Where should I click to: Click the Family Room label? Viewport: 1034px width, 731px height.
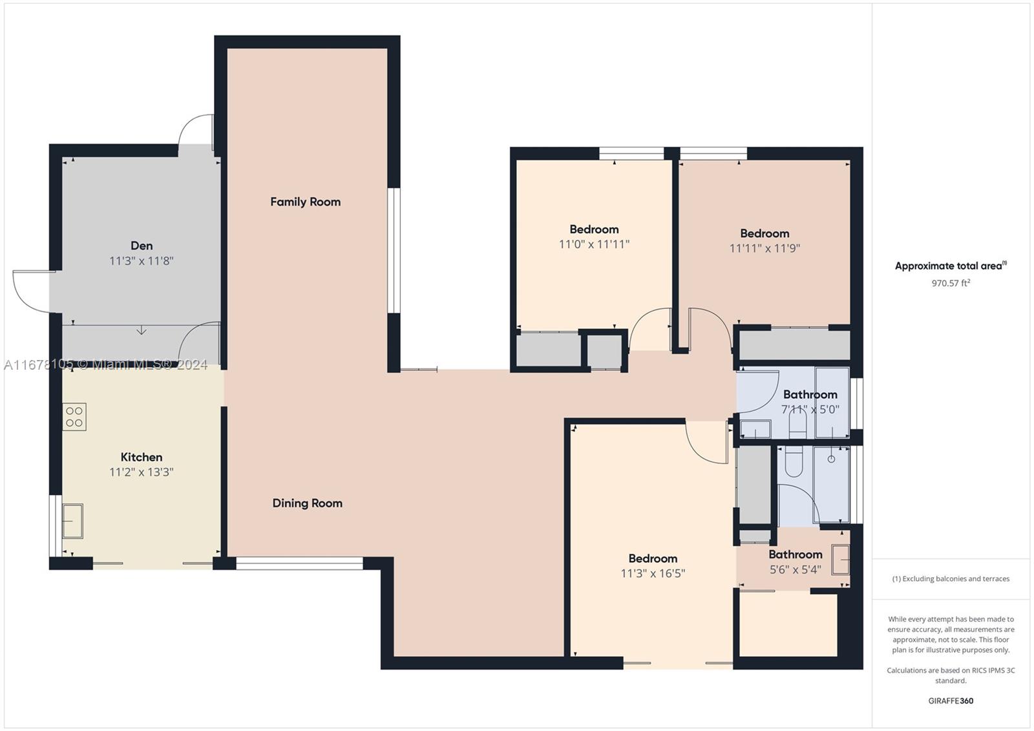pos(305,202)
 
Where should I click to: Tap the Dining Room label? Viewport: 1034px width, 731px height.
pos(308,503)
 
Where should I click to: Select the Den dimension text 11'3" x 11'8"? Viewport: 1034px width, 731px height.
pos(142,261)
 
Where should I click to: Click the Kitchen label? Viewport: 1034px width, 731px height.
pos(142,457)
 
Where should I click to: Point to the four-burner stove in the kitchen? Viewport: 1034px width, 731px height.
pos(74,417)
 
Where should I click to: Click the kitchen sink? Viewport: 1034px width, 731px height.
pos(72,521)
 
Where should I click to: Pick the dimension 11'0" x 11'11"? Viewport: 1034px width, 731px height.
pos(594,244)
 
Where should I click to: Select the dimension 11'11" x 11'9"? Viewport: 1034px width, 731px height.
pos(765,248)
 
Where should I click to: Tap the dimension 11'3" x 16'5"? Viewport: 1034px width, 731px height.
pos(653,573)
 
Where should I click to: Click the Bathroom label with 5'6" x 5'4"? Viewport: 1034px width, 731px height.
pos(796,554)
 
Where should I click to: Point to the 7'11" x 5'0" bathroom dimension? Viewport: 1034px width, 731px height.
pos(810,409)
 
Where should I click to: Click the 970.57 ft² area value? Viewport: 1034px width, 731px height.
pos(951,283)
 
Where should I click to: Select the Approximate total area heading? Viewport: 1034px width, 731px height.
pos(951,266)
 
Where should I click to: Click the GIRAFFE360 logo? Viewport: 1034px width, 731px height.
pos(951,701)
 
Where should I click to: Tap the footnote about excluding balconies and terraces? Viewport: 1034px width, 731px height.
pos(951,578)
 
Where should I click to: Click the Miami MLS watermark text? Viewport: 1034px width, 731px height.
pos(106,365)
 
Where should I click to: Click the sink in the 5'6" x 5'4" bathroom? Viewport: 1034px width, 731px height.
pos(841,560)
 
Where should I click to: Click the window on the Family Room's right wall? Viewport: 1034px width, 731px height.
pos(394,250)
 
